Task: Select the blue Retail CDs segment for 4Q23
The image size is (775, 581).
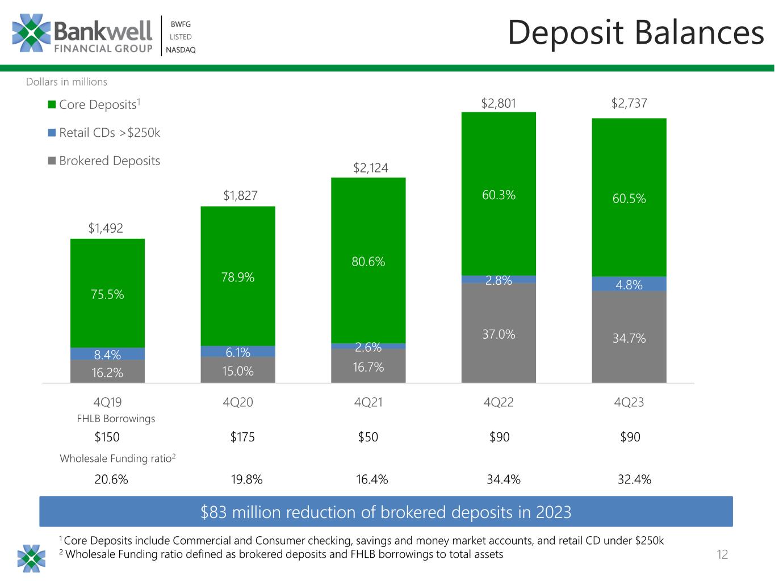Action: tap(629, 284)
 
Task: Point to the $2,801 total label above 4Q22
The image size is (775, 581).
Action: tap(498, 103)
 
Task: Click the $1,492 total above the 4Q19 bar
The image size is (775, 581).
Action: tap(106, 228)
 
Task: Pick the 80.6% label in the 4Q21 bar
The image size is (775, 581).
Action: tap(368, 262)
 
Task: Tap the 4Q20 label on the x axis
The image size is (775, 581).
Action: tap(238, 402)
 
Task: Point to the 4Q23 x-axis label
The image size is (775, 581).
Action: tap(629, 402)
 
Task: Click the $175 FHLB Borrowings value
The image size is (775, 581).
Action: tap(242, 437)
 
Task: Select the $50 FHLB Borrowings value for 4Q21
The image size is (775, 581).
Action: tap(368, 437)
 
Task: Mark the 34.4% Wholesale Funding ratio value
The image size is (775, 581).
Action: tap(504, 479)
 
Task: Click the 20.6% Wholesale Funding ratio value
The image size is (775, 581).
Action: tap(111, 479)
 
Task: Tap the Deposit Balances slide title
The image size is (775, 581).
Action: tap(636, 33)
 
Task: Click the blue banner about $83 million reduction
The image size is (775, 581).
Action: tap(386, 512)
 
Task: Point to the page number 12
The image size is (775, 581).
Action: tap(722, 555)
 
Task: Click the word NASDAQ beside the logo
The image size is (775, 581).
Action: tap(181, 50)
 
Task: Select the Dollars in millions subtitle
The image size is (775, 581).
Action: tap(66, 82)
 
